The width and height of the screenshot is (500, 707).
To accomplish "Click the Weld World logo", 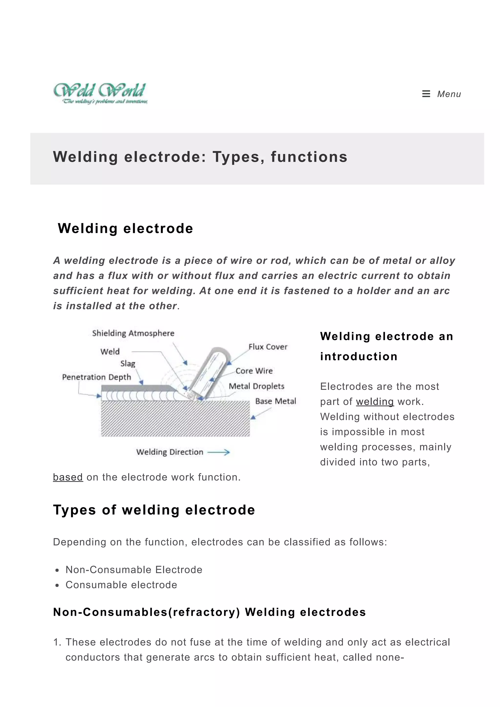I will coord(100,93).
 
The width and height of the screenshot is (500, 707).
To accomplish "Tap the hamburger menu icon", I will coord(426,94).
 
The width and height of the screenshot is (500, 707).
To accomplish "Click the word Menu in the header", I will coord(449,94).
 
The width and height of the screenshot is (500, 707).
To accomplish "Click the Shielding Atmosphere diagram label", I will coord(133,333).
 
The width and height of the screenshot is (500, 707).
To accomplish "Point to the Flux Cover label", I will coord(268,347).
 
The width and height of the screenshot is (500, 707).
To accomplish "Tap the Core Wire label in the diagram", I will coord(254,371).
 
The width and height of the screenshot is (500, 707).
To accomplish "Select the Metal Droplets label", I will coord(256,386).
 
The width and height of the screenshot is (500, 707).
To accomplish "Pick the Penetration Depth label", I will coord(96,377).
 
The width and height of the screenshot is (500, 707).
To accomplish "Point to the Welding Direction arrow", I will coord(219,452).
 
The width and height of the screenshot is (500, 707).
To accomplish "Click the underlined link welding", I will coord(375,402).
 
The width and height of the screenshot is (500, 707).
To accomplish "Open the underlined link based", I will coord(68,477).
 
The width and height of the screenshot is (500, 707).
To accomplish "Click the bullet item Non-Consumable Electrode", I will coord(134,570).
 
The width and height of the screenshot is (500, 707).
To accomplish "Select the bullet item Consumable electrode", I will coord(121,585).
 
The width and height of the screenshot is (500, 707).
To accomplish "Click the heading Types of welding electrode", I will coord(154,510).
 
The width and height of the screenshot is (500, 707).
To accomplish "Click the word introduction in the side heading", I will coord(359,357).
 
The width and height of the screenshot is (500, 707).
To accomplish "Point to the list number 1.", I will coord(57,642).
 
